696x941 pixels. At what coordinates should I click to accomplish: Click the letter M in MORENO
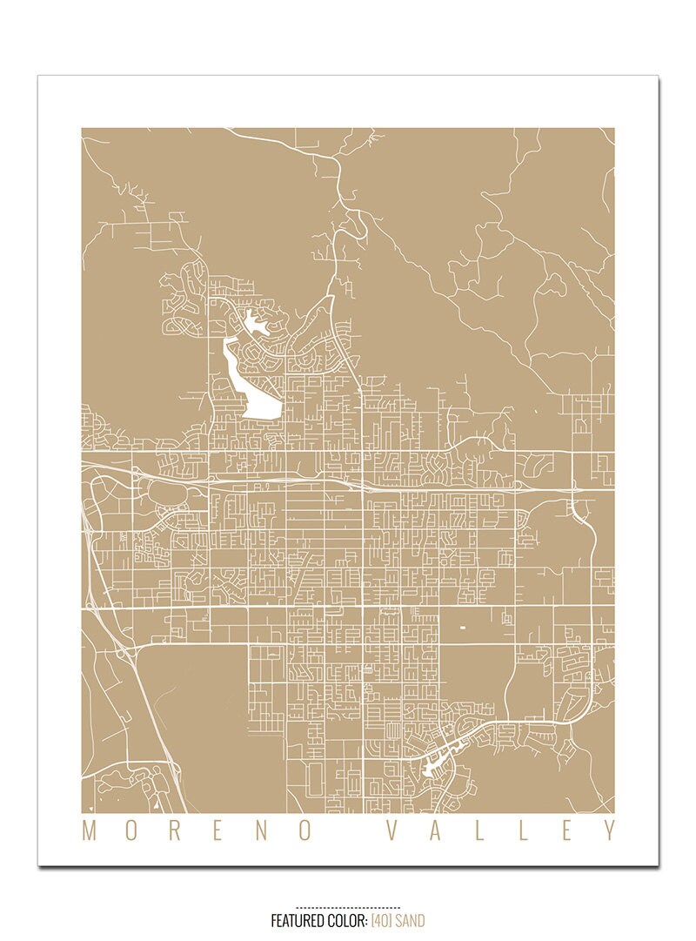pyautogui.click(x=89, y=830)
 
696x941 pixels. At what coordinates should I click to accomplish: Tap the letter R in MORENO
pyautogui.click(x=171, y=830)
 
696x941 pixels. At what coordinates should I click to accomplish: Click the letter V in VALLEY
pyautogui.click(x=391, y=830)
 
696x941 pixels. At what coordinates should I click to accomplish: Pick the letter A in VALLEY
pyautogui.click(x=436, y=830)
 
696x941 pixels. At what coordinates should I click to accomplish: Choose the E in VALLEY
pyautogui.click(x=566, y=830)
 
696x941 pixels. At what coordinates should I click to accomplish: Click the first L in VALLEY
pyautogui.click(x=480, y=830)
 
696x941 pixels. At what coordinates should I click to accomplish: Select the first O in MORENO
pyautogui.click(x=129, y=830)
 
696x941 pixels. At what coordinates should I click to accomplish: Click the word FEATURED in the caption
pyautogui.click(x=296, y=920)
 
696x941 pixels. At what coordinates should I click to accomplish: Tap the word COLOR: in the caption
pyautogui.click(x=347, y=920)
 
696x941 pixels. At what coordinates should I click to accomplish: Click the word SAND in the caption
pyautogui.click(x=411, y=920)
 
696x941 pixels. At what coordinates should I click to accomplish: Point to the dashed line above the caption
pyautogui.click(x=348, y=907)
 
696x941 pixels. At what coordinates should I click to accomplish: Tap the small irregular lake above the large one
pyautogui.click(x=255, y=324)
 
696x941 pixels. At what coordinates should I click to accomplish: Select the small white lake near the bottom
pyautogui.click(x=432, y=765)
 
